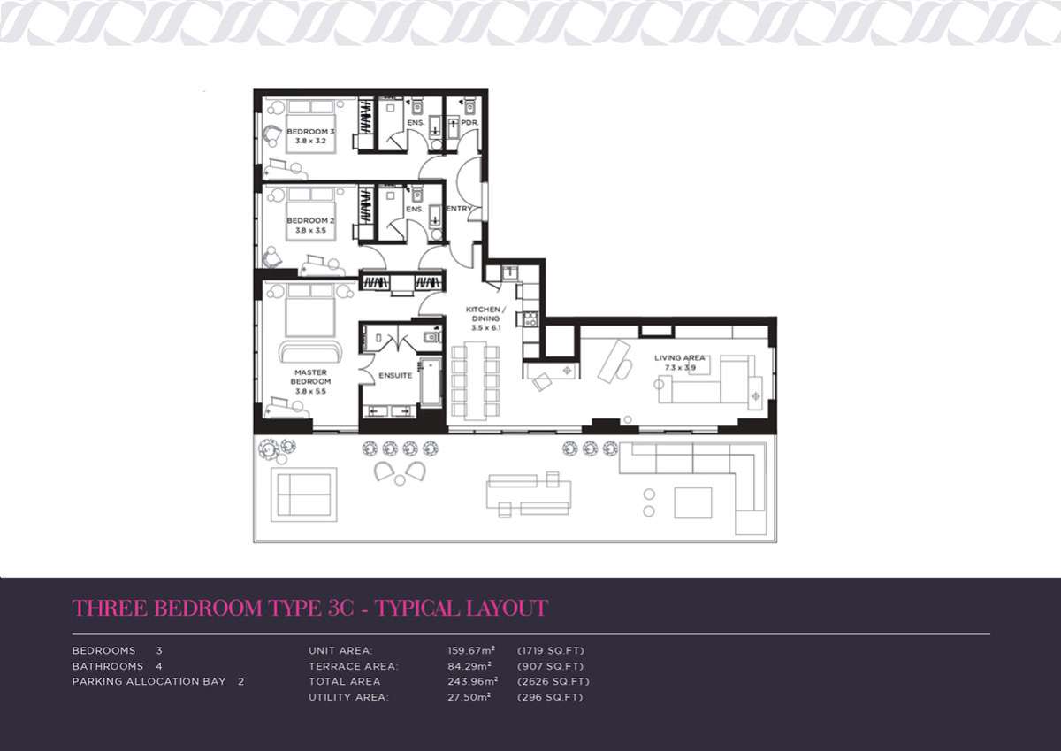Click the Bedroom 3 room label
(x=310, y=131)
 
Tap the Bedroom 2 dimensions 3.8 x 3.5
(x=310, y=230)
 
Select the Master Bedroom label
(x=310, y=377)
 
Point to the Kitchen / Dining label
(x=486, y=314)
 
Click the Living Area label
(x=680, y=357)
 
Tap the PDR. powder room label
(x=469, y=122)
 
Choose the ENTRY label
(x=459, y=208)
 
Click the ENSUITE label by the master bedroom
(x=395, y=375)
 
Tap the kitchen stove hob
(x=530, y=318)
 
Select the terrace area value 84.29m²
(x=469, y=666)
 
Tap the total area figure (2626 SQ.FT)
(x=553, y=681)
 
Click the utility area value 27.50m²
(x=469, y=697)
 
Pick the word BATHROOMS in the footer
(x=108, y=666)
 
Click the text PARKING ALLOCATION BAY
(x=149, y=681)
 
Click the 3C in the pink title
(x=340, y=608)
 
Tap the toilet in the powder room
(x=469, y=107)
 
